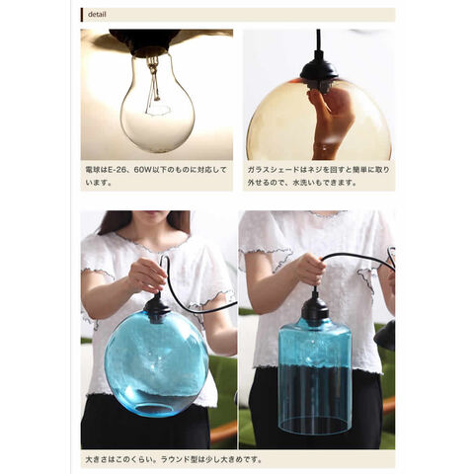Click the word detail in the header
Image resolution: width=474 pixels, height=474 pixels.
(97, 15)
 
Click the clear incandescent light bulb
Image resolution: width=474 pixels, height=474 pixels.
(158, 102)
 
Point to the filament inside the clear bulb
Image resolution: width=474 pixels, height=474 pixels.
(155, 88)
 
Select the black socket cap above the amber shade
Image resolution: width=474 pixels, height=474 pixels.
(319, 72)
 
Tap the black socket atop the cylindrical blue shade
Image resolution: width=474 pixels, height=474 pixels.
(315, 310)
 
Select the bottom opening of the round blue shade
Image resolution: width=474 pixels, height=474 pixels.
(154, 410)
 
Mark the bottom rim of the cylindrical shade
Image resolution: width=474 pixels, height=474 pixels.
(314, 427)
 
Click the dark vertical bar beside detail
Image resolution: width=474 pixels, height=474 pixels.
(82, 15)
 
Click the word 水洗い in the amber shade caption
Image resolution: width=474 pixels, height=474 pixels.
(304, 182)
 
